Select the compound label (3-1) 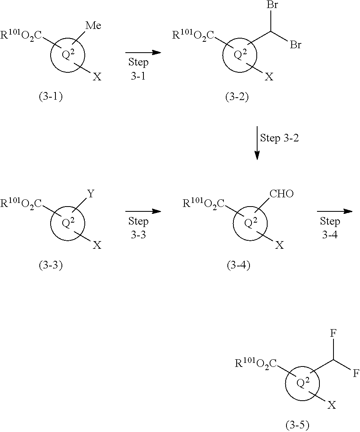[51, 97]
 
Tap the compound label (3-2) [237, 97]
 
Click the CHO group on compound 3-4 [282, 195]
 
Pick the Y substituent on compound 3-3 [91, 195]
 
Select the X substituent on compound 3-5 [332, 405]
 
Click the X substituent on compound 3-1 [97, 76]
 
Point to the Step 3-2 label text [280, 138]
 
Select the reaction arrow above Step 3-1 [143, 53]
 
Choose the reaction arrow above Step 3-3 [143, 211]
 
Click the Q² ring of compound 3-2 [239, 55]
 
